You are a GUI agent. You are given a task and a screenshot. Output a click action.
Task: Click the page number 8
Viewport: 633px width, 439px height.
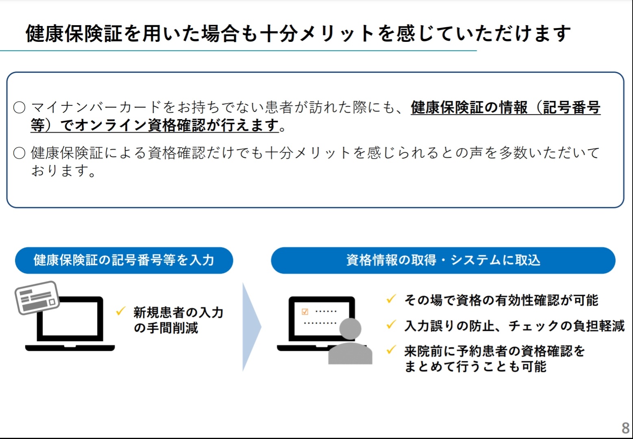pos(625,428)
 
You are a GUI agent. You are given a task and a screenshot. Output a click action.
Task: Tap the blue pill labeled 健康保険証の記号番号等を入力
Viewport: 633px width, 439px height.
pos(124,260)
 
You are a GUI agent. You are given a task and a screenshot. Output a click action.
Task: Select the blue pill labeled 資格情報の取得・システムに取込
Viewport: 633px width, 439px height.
pos(443,260)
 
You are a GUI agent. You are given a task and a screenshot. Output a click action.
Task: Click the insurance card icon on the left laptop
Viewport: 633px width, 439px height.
pos(37,297)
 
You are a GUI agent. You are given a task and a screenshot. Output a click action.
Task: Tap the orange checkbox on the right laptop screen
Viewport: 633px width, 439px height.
pos(305,312)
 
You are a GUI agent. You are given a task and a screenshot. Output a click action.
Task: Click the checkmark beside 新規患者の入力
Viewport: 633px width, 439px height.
pos(120,311)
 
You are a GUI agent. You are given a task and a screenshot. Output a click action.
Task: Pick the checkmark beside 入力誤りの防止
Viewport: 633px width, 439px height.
pos(391,324)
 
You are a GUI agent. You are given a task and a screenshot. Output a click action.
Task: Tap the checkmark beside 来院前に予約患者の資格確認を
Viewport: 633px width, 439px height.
pos(391,350)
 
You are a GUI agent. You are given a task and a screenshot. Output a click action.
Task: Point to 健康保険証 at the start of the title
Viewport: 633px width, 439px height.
pos(74,33)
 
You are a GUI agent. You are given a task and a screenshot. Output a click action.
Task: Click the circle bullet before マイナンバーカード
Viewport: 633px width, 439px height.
pos(20,108)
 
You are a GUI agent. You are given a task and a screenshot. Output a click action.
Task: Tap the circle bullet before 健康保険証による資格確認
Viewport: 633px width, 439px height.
pos(20,153)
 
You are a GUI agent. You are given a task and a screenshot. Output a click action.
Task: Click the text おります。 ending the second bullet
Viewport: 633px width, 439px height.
pos(64,171)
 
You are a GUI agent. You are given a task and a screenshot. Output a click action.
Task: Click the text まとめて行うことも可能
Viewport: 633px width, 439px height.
pos(475,367)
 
